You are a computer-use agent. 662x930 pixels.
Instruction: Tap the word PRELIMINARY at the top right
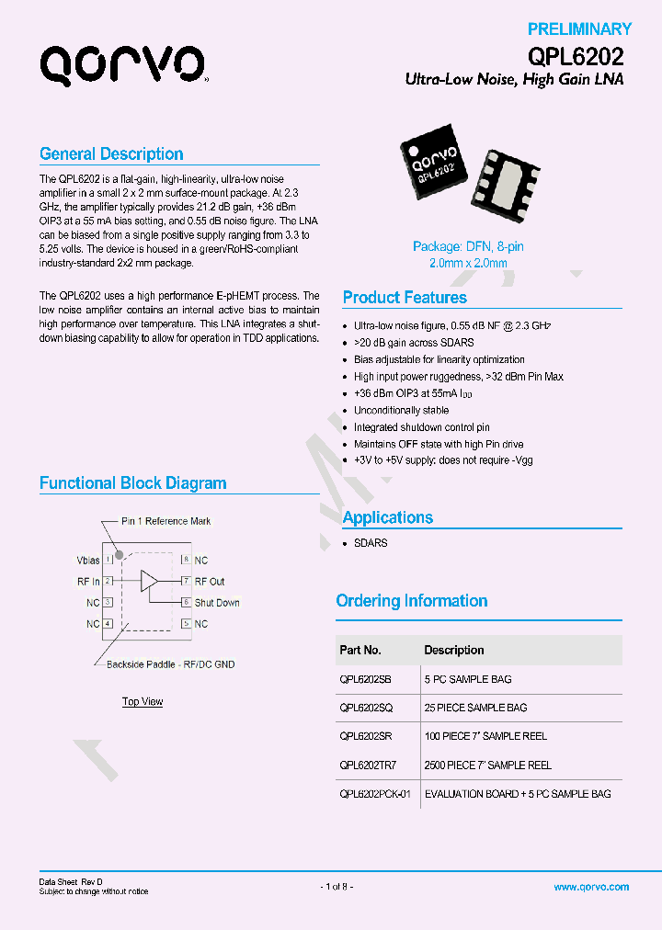pos(579,29)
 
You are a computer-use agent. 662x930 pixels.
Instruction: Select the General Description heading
pos(111,154)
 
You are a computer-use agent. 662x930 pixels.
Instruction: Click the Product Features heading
pos(405,298)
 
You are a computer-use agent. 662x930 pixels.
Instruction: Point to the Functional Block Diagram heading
pos(132,483)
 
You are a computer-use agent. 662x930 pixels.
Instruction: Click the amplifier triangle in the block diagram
pos(148,581)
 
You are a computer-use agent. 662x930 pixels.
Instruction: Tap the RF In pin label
pos(88,582)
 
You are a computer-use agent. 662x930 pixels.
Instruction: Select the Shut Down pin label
pos(216,603)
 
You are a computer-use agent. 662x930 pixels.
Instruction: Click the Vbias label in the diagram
pos(88,560)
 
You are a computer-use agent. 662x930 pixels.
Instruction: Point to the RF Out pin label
pos(210,582)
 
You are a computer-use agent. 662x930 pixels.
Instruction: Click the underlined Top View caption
pos(143,702)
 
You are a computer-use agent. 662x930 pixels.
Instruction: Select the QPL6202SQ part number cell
pos(366,708)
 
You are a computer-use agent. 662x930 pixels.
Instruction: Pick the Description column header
pos(454,650)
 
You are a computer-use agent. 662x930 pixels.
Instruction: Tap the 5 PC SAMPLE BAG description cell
pos(468,679)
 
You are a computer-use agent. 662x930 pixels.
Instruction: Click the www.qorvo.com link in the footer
pos(591,887)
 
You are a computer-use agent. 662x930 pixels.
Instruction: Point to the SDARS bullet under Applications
pos(371,543)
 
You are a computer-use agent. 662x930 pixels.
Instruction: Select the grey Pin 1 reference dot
pos(120,555)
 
